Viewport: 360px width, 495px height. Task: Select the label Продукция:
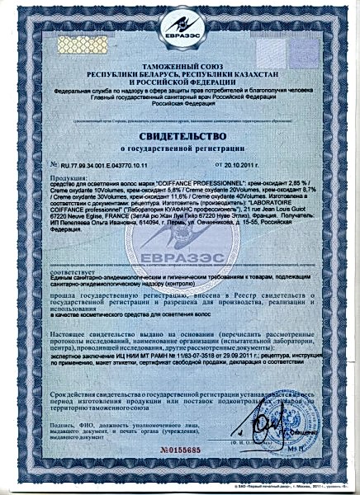click(67, 177)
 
